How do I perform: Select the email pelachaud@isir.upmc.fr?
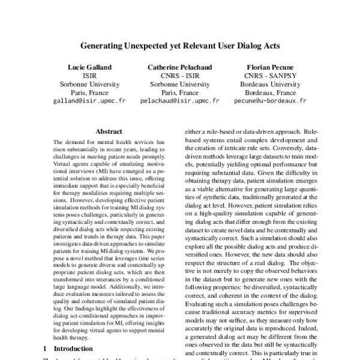pos(179,102)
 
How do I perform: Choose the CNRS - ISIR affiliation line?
pos(179,77)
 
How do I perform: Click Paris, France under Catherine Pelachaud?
pos(179,94)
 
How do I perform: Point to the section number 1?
pos(45,348)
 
